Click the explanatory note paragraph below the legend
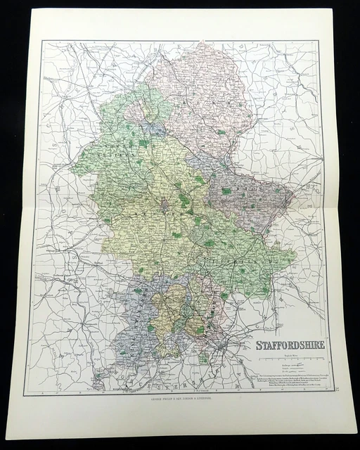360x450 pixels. [288, 380]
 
